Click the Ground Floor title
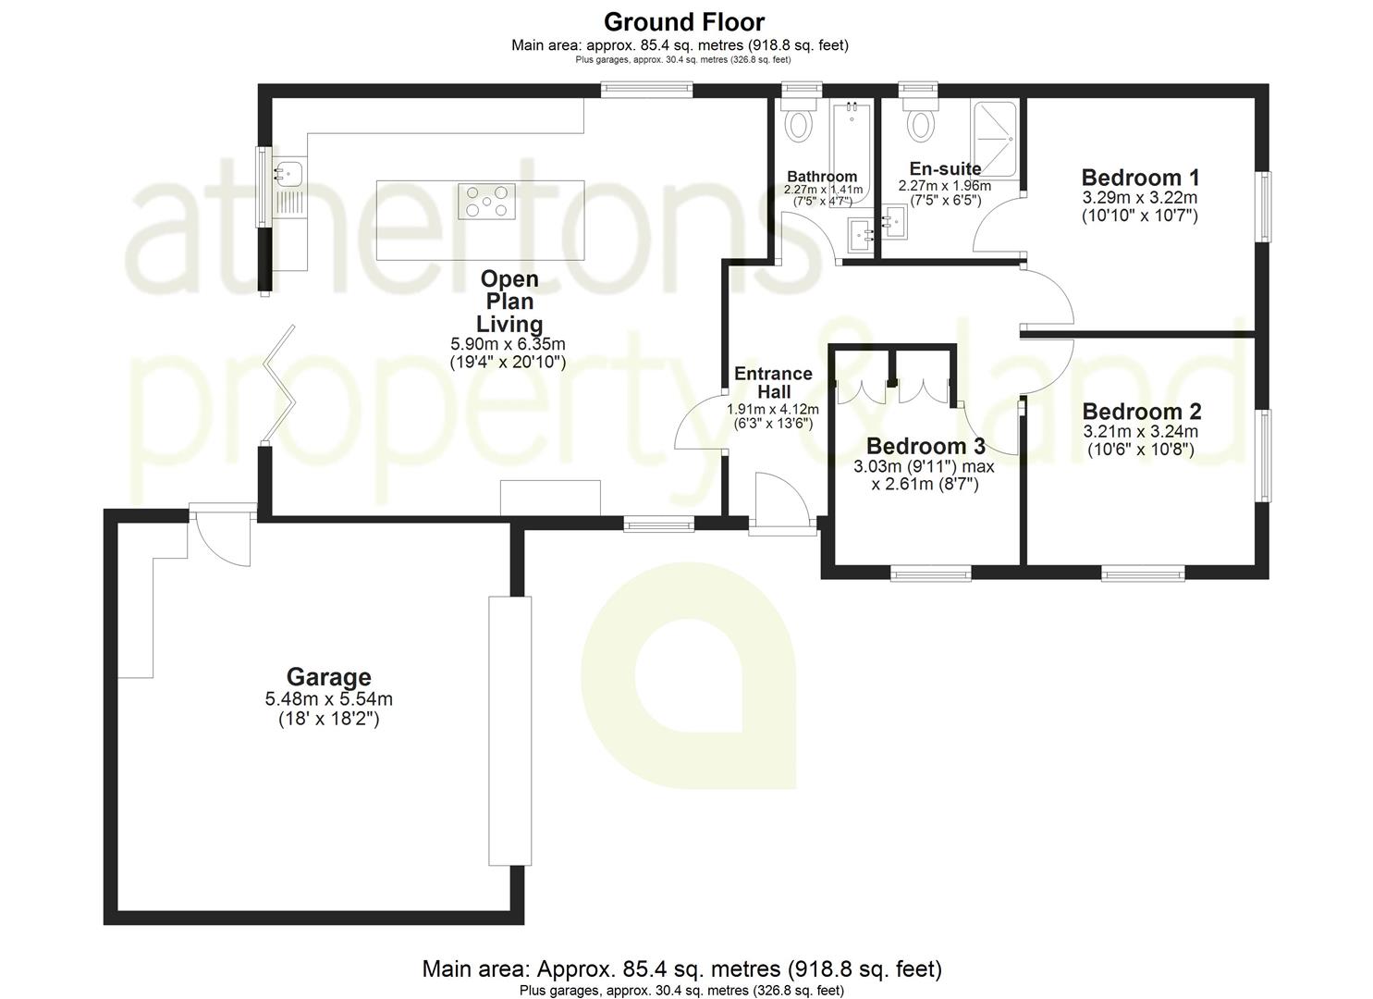[x=684, y=20]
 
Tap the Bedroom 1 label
[x=1140, y=177]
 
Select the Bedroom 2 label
[x=1141, y=412]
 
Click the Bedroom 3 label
[x=925, y=447]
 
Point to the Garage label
[x=328, y=678]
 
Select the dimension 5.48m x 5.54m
[x=328, y=699]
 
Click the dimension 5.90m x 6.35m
[x=508, y=344]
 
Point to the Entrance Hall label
[x=773, y=382]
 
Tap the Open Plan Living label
[x=509, y=302]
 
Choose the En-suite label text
[x=945, y=168]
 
